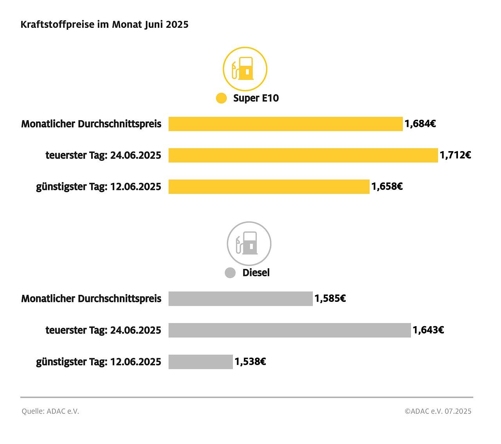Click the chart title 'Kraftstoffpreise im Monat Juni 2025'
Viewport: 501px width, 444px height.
point(105,24)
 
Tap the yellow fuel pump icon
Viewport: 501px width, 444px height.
point(245,69)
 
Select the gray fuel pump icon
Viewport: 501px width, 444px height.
point(249,244)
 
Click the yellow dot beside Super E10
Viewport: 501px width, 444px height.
point(221,98)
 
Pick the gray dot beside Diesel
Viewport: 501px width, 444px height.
point(230,273)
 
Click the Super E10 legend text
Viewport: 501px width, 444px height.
point(256,98)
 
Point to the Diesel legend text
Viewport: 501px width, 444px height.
point(256,273)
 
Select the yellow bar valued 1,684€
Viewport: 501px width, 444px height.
point(285,124)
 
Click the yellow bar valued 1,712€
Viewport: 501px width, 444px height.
point(303,155)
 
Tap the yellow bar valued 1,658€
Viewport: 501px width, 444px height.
point(269,186)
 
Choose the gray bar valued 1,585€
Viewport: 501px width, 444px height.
point(240,299)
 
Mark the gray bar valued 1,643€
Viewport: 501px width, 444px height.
point(290,330)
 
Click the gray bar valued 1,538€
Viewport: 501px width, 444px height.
point(200,362)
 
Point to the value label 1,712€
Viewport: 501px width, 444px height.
point(455,155)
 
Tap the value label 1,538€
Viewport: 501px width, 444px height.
point(250,362)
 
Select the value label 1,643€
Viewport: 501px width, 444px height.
point(428,330)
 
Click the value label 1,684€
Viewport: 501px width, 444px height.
point(420,124)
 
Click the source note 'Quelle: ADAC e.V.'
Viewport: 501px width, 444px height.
point(50,411)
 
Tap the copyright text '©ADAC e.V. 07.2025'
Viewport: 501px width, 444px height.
point(438,411)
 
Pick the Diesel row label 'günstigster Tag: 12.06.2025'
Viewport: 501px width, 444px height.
point(99,362)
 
